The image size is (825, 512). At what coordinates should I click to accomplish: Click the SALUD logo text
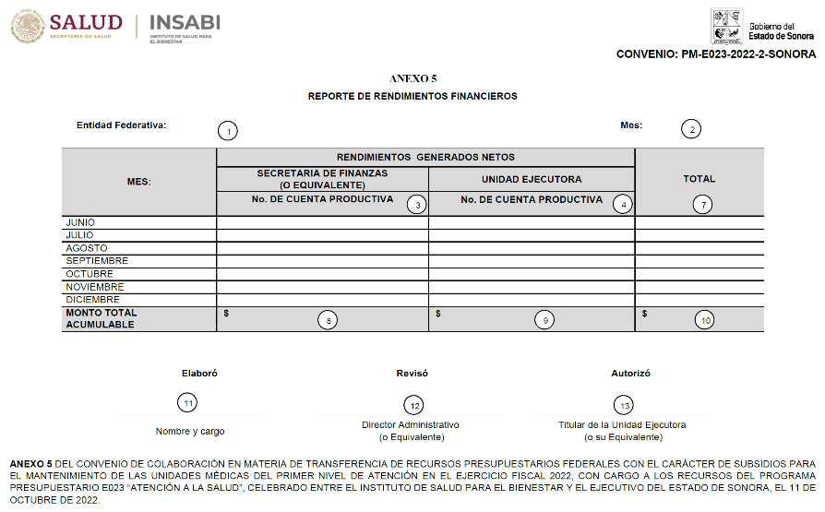(x=85, y=22)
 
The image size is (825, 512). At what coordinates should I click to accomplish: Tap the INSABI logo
(x=184, y=22)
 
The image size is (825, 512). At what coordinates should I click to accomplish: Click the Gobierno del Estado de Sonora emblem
(x=726, y=27)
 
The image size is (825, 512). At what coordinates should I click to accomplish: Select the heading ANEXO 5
(x=412, y=79)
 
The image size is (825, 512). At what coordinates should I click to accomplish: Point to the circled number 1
(x=227, y=130)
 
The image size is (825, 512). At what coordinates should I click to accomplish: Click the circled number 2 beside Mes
(x=691, y=130)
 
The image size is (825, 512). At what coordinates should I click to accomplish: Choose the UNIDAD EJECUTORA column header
(x=532, y=179)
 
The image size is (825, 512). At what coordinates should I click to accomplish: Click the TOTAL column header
(x=699, y=179)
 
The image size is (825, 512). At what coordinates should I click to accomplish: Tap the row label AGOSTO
(x=86, y=248)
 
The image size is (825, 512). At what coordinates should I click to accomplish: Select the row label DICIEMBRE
(x=92, y=300)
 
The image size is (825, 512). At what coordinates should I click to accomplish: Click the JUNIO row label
(x=80, y=222)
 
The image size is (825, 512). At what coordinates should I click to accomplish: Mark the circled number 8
(x=328, y=320)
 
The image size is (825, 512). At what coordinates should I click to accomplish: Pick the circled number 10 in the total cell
(x=705, y=320)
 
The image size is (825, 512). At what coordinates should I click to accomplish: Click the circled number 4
(x=623, y=205)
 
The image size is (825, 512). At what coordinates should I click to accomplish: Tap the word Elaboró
(x=199, y=374)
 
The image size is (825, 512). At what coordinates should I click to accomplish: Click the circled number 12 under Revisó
(x=413, y=405)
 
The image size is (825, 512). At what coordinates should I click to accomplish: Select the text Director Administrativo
(x=411, y=425)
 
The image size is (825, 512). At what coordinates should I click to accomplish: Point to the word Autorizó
(x=630, y=374)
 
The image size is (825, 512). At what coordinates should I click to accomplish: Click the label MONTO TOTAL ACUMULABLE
(x=101, y=318)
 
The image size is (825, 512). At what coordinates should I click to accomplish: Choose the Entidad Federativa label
(x=121, y=125)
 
